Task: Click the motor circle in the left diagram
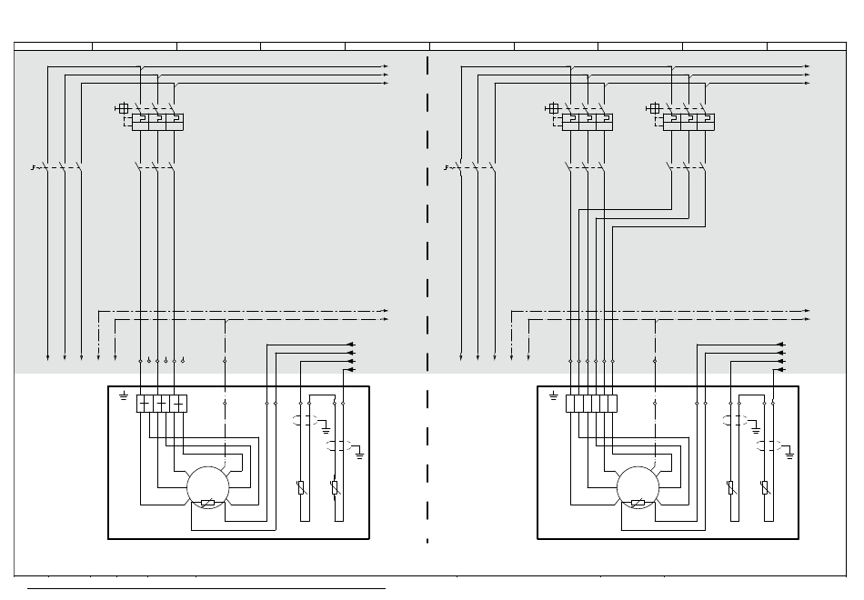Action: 207,487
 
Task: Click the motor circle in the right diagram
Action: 638,487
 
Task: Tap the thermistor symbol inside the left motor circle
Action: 207,503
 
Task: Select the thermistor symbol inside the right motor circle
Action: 638,503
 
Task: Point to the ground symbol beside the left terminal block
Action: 125,396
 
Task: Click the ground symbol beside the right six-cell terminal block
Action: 554,396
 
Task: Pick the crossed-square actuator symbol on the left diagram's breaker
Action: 124,108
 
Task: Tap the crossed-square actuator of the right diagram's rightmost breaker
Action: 655,108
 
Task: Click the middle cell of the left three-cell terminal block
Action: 161,404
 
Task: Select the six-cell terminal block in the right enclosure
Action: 591,404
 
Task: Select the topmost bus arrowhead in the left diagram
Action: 386,66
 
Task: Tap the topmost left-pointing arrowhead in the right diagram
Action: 780,345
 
